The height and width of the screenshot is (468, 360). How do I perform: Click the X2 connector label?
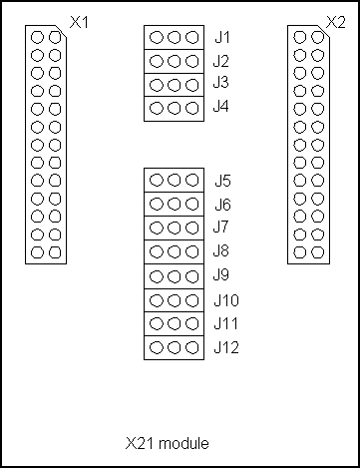[335, 21]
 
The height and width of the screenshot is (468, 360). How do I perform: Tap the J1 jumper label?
[221, 37]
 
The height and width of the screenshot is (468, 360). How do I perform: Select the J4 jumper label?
[221, 108]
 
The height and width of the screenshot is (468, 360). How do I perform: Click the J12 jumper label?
[225, 348]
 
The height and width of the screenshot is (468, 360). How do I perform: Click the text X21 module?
[168, 442]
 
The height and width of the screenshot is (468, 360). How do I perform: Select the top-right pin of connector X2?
[317, 37]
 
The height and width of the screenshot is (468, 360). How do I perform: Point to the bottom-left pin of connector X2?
[300, 251]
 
